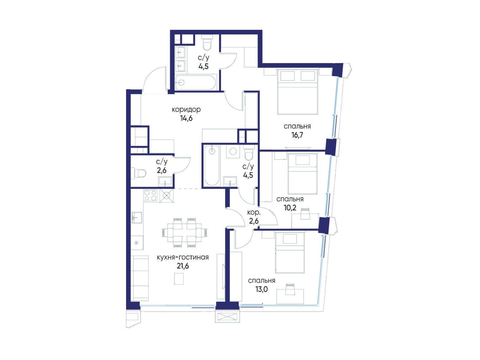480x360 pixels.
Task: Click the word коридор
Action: [186, 109]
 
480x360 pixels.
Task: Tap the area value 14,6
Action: [186, 118]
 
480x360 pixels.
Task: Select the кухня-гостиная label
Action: [183, 258]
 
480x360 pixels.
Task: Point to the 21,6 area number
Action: [183, 266]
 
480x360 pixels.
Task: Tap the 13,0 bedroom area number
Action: [262, 289]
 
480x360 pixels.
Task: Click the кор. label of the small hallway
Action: [253, 212]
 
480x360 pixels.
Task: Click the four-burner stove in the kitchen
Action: [150, 195]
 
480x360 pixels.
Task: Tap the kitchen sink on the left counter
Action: [137, 217]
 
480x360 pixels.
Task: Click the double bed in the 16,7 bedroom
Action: [297, 92]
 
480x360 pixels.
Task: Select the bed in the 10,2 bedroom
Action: [302, 174]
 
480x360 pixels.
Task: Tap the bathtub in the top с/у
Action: [196, 82]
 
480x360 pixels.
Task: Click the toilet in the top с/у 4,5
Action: [207, 45]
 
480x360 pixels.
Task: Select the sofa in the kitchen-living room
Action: [140, 278]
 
